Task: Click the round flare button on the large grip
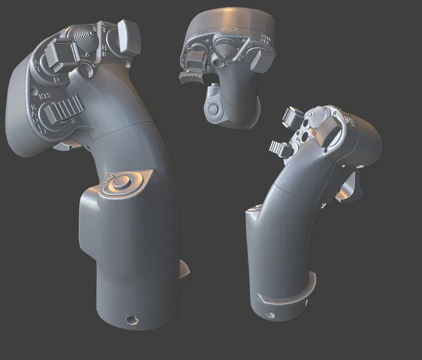click(x=122, y=183)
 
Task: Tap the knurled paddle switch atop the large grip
click(x=130, y=36)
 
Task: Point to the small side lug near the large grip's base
click(x=185, y=270)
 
